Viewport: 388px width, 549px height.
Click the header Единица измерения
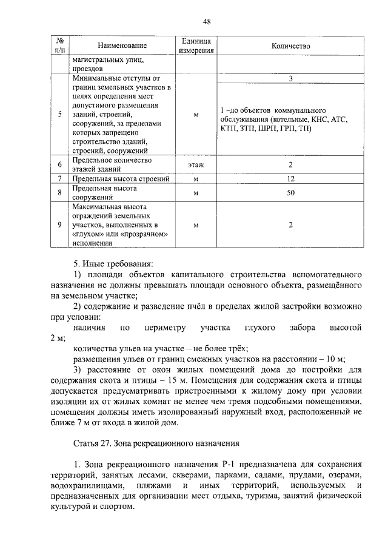coord(196,46)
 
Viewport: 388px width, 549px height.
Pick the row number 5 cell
coord(59,114)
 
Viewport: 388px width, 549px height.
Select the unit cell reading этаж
coord(196,165)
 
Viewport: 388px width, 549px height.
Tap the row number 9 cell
coord(59,225)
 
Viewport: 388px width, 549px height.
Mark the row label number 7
coord(59,180)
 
